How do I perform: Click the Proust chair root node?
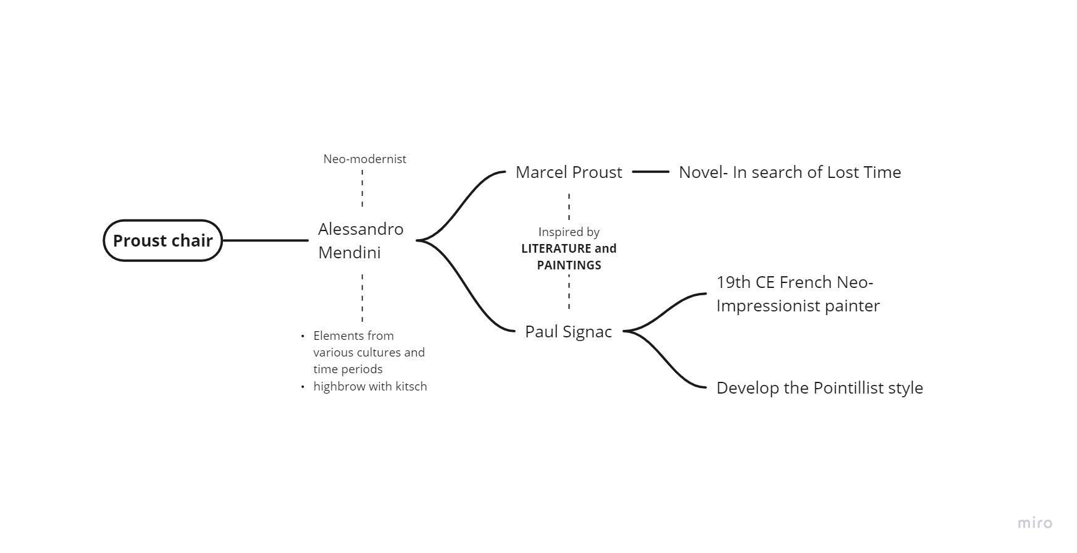click(162, 240)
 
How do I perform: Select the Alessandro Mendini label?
click(361, 240)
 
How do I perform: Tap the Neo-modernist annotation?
click(364, 159)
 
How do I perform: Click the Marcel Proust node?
click(569, 172)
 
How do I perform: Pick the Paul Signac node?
click(568, 331)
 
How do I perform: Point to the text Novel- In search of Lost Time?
click(790, 172)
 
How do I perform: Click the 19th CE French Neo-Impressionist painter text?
click(798, 293)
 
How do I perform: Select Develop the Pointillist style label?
click(819, 387)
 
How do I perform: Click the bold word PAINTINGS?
click(569, 265)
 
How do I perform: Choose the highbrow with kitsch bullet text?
click(370, 386)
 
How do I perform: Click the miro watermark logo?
click(1034, 523)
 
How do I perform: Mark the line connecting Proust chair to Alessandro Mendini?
click(266, 240)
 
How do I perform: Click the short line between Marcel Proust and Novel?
click(650, 172)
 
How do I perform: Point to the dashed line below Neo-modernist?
click(362, 188)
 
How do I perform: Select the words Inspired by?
click(569, 232)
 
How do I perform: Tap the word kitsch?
click(411, 386)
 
